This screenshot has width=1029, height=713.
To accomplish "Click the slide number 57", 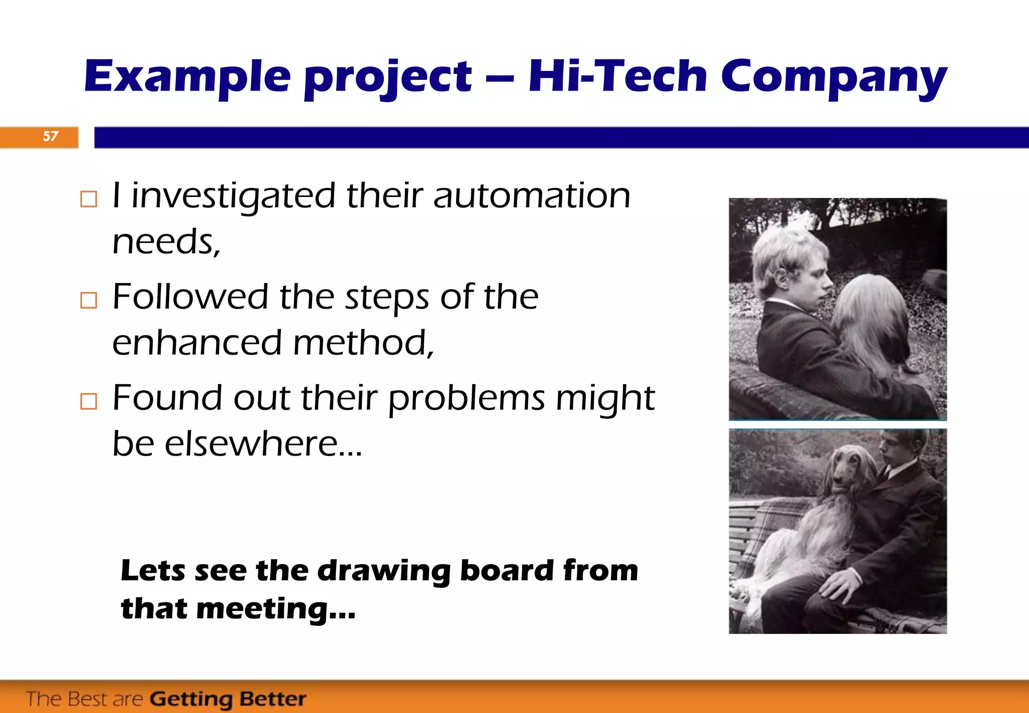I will click(50, 136).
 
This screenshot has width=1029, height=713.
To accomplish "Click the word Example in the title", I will click(187, 76).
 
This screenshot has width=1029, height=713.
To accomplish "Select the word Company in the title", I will click(834, 78).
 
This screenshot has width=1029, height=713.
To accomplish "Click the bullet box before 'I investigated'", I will click(88, 199).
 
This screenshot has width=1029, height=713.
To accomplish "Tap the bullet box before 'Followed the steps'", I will click(88, 300).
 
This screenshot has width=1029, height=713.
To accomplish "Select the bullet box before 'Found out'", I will click(88, 401).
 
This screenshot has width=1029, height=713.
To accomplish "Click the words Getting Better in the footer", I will click(228, 699).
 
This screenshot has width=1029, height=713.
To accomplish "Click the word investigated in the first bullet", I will click(233, 196).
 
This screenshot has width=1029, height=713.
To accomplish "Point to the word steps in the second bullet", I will click(386, 298).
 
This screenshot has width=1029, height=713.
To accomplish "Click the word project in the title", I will click(388, 78).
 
